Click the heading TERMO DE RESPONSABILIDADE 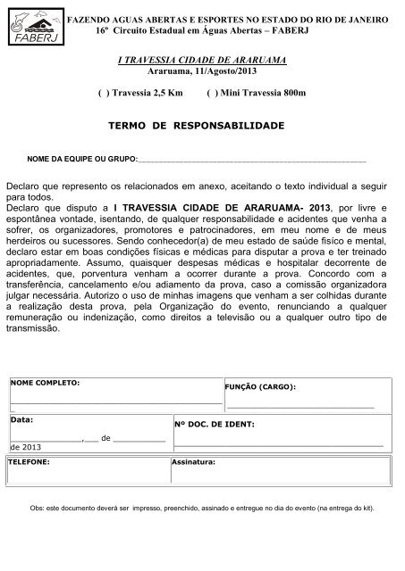click(201, 128)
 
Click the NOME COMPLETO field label click(45, 382)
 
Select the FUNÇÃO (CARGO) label click(260, 388)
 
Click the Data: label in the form click(22, 418)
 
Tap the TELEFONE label click(29, 464)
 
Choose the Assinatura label click(193, 464)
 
